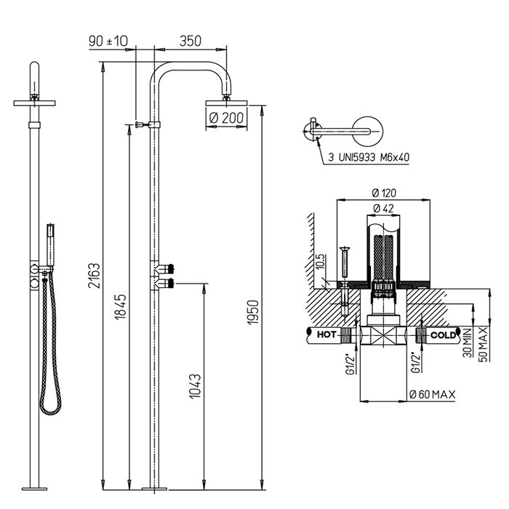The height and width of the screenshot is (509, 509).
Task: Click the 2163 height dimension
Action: point(95,276)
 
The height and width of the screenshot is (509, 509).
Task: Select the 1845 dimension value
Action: point(121,307)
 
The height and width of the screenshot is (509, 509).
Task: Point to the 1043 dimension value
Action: point(195,386)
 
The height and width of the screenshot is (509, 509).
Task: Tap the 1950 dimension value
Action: point(253,312)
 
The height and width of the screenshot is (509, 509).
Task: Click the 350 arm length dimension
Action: point(191,41)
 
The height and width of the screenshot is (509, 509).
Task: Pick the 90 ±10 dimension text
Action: point(108,41)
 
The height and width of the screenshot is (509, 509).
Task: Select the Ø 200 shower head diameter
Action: point(227,118)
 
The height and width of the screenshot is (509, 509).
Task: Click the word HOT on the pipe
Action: point(326,334)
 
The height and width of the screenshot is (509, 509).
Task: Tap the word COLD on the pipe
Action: point(443,334)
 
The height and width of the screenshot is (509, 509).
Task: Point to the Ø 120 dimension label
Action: point(384,193)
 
